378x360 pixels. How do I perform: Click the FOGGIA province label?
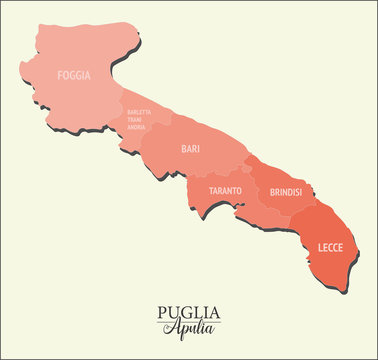coord(74,75)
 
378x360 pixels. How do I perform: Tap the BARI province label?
coord(190,149)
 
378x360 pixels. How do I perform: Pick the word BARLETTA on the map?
coord(140,112)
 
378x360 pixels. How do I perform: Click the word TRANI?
coord(137,120)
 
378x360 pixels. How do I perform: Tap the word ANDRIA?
coord(137,128)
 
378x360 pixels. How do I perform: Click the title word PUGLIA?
coord(189,311)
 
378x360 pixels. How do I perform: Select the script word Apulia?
coord(189,328)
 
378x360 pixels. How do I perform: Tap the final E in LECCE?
coord(341,246)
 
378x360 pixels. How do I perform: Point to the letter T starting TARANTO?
coord(211,190)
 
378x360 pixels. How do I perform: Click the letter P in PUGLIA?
coord(163,311)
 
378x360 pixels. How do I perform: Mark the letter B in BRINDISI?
coord(271,190)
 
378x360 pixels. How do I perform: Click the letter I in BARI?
coord(198,149)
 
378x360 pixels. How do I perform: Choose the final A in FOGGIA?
coord(88,75)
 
